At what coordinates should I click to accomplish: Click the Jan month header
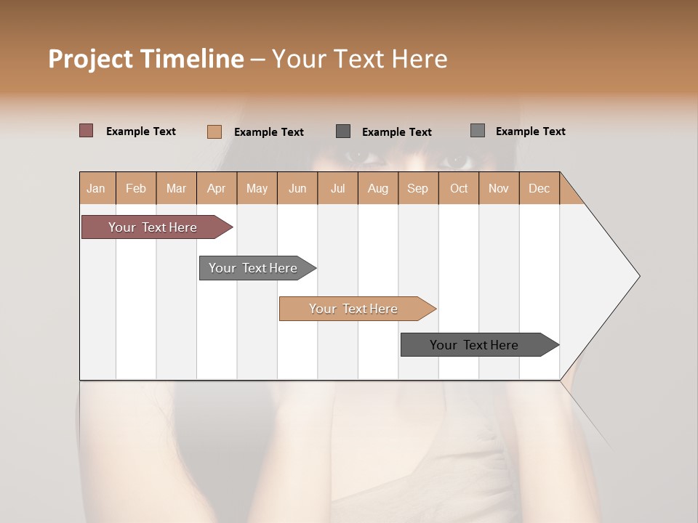pos(96,188)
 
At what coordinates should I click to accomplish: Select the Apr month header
pos(216,188)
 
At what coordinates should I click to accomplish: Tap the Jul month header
pos(337,188)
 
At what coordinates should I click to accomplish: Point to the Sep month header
pos(417,188)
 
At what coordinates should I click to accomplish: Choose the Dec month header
pos(539,188)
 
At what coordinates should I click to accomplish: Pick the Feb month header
pos(136,188)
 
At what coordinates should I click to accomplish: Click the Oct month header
pos(459,188)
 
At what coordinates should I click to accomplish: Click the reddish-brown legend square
pos(87,131)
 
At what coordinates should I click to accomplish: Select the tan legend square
pos(214,131)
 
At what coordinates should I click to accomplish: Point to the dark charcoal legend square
pos(343,131)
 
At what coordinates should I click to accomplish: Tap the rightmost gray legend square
pos(478,131)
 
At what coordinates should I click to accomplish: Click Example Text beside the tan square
pos(268,132)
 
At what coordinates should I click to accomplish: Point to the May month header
pos(257,188)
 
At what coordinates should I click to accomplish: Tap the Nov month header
pos(499,188)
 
